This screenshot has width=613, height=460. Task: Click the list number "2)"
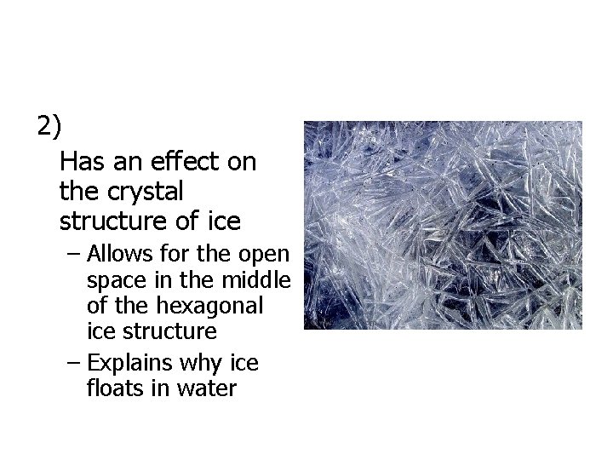tap(49, 127)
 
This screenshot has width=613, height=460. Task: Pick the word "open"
tap(266, 255)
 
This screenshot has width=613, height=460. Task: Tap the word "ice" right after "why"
tap(247, 364)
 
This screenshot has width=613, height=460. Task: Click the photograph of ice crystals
tap(443, 225)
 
